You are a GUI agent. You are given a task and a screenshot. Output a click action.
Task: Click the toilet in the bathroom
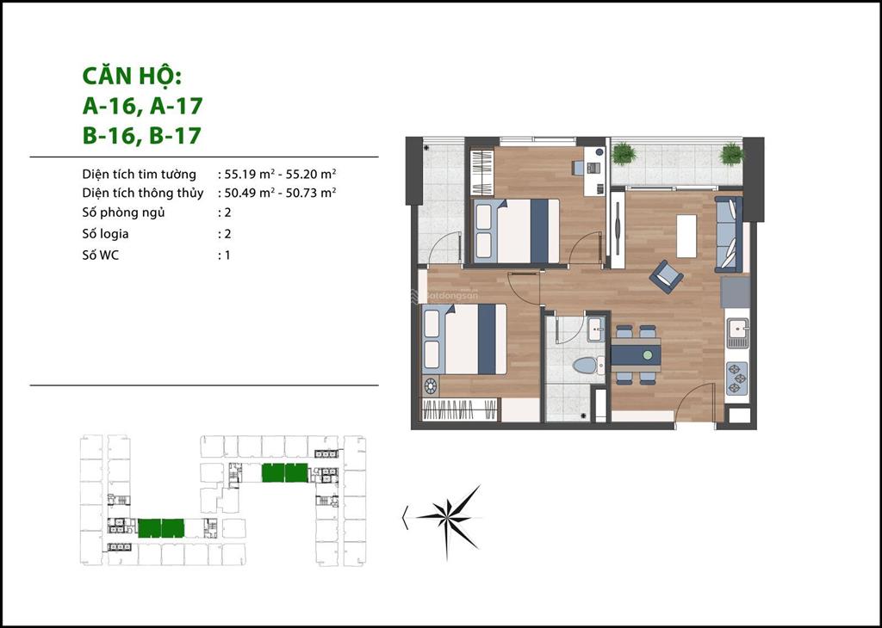[587, 366]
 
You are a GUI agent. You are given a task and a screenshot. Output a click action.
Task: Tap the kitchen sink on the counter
[737, 330]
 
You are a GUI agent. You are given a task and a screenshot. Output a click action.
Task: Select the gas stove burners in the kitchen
[737, 378]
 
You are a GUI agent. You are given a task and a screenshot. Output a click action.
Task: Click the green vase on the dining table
[648, 355]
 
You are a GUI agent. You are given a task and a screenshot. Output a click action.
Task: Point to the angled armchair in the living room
[666, 276]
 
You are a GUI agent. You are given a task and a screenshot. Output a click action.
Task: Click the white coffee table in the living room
[686, 236]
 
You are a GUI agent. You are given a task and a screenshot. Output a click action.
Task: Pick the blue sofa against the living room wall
[729, 234]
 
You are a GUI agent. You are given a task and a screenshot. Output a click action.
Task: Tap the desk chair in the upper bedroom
[579, 167]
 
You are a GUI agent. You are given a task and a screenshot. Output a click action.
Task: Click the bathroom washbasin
[594, 329]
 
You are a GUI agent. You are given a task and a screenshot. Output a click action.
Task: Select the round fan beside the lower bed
[431, 386]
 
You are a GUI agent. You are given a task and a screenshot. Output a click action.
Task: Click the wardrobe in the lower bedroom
[460, 409]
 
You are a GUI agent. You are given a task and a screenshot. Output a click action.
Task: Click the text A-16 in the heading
[109, 106]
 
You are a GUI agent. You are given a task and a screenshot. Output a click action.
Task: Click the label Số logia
[105, 234]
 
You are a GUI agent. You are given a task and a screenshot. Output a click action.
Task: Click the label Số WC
[101, 255]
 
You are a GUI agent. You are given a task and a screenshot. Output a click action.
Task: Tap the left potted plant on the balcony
[624, 153]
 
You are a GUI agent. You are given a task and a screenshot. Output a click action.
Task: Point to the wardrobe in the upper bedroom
[482, 170]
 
